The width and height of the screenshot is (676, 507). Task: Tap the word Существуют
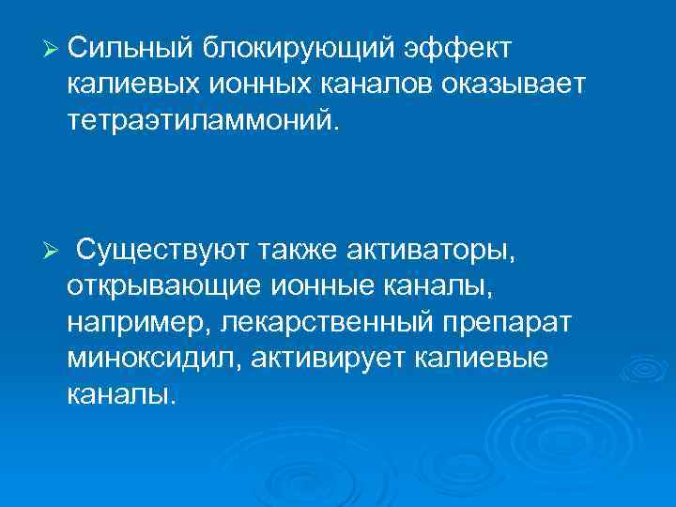pos(162,251)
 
